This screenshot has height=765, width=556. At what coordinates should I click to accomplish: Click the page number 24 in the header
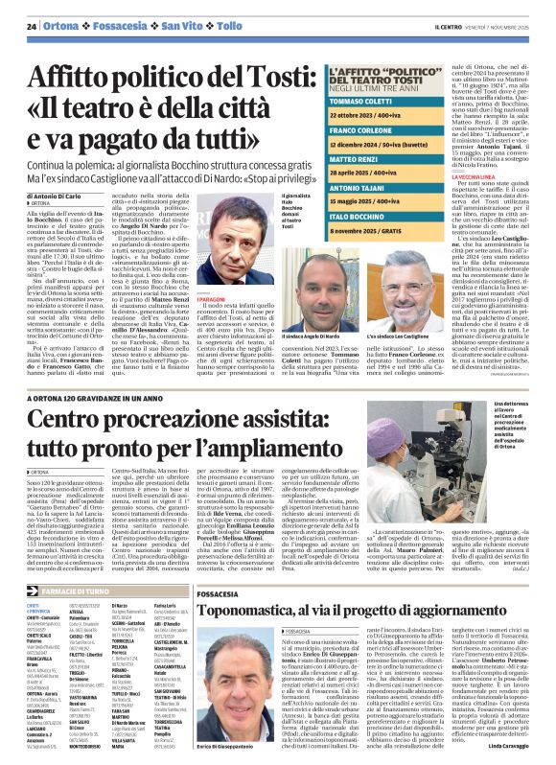click(x=32, y=26)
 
